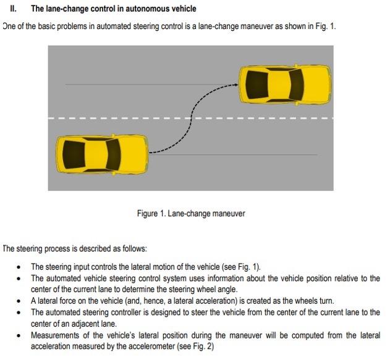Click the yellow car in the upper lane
(284, 84)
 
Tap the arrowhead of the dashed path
(237, 85)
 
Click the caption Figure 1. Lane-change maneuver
(191, 214)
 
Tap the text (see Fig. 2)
(197, 346)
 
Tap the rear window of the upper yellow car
(256, 84)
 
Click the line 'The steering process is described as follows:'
(75, 249)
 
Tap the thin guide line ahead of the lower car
(235, 154)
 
